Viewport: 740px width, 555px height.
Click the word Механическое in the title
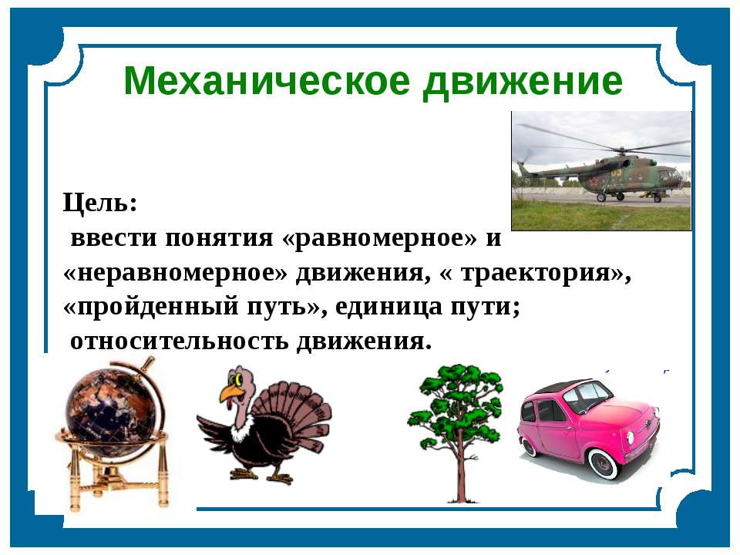[x=267, y=81]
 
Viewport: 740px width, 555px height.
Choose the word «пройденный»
[x=151, y=308]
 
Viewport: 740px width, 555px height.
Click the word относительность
[x=179, y=341]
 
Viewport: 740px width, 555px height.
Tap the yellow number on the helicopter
[x=616, y=173]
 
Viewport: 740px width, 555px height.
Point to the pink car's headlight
[x=631, y=437]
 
